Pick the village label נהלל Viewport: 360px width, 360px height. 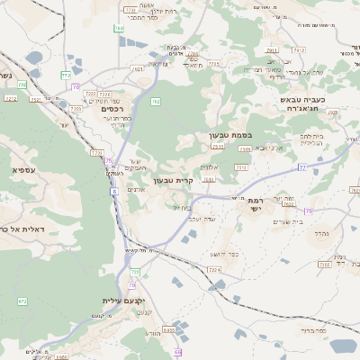pyautogui.click(x=319, y=232)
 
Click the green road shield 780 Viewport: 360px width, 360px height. pyautogui.click(x=119, y=29)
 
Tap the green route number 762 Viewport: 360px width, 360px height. pyautogui.click(x=155, y=102)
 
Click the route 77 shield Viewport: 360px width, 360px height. pyautogui.click(x=302, y=167)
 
